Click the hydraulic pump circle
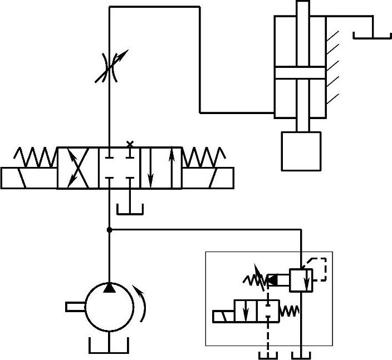click(x=109, y=307)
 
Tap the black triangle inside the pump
click(x=110, y=288)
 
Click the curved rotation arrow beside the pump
click(x=143, y=303)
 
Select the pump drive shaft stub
click(x=75, y=306)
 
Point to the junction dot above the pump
click(x=109, y=229)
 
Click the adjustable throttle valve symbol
click(x=110, y=67)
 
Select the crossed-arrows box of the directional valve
click(x=78, y=168)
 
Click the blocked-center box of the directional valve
click(x=119, y=168)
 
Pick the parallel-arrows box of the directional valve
click(x=160, y=168)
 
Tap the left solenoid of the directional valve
click(x=29, y=178)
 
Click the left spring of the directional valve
click(x=35, y=157)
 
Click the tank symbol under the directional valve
click(x=130, y=208)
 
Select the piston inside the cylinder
click(x=300, y=73)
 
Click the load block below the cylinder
click(x=301, y=151)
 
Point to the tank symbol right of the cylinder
click(x=372, y=35)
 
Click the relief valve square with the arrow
click(x=301, y=279)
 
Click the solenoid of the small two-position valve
click(x=223, y=316)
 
